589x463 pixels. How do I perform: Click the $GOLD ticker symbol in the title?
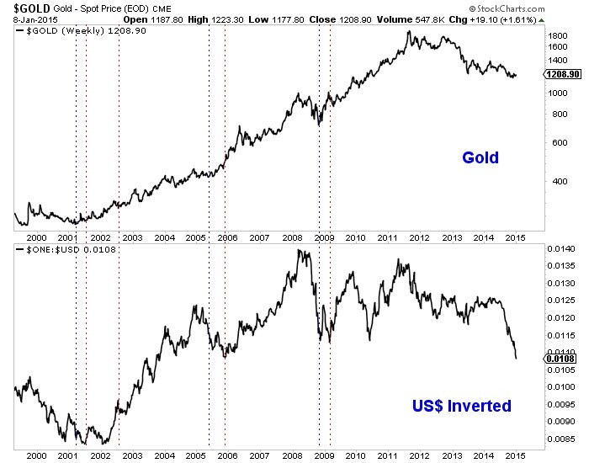pos(21,7)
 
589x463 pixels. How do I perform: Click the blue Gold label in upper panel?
pos(480,157)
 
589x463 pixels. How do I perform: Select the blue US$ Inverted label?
pos(461,406)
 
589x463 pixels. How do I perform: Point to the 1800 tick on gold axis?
pos(557,36)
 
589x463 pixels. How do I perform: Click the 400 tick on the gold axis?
pos(555,180)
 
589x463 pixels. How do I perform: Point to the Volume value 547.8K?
pos(473,18)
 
